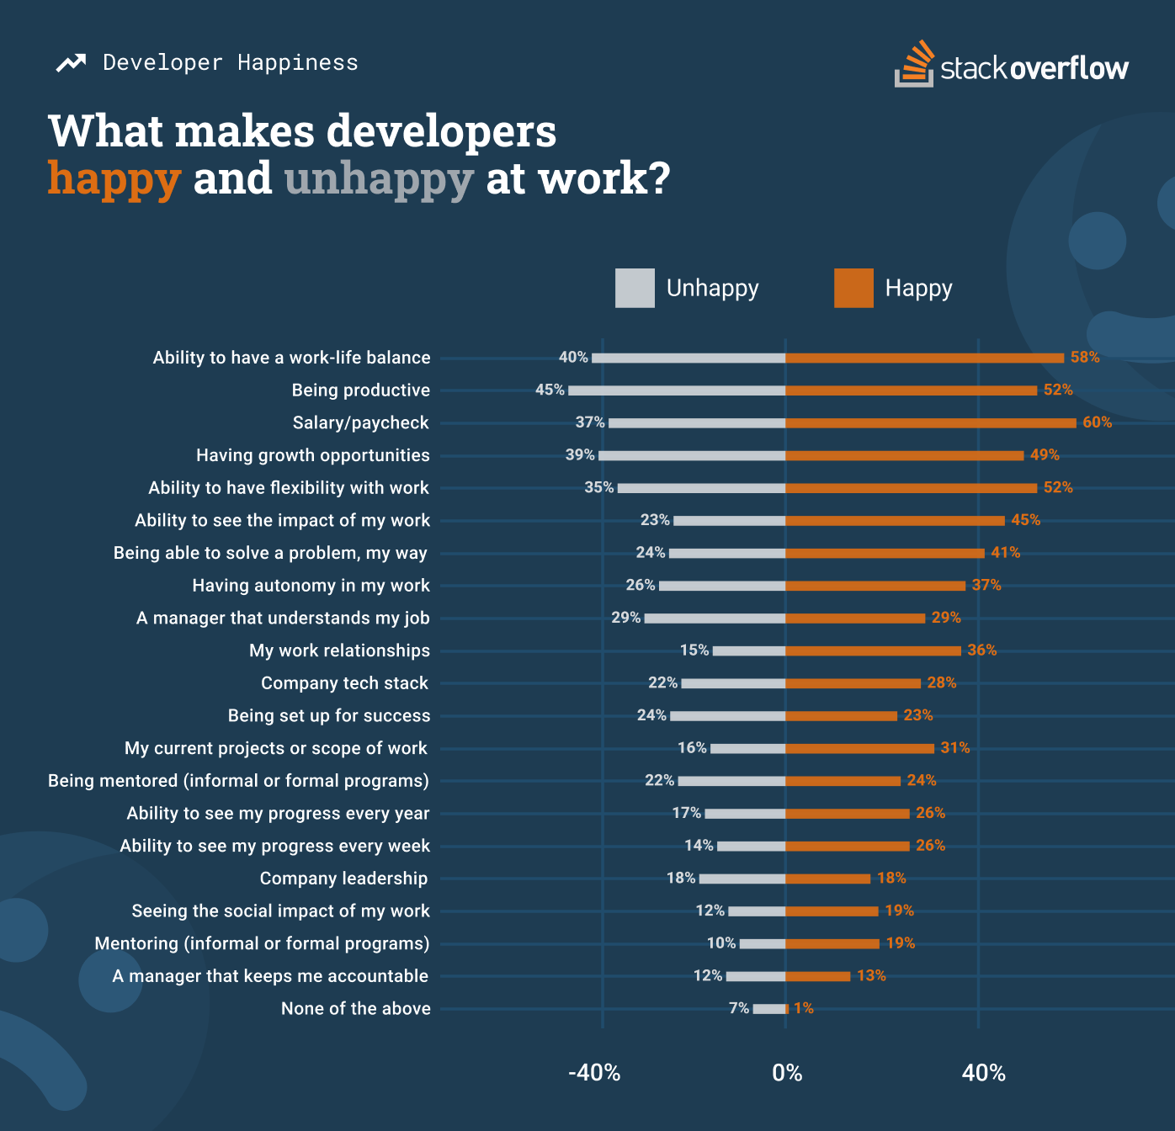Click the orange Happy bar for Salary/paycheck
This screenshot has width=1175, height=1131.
click(930, 422)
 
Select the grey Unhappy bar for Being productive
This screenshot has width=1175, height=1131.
click(677, 390)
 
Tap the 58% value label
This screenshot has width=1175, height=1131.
click(1085, 358)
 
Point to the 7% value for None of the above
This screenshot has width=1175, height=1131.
click(739, 1008)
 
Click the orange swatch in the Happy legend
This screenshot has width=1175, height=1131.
click(853, 288)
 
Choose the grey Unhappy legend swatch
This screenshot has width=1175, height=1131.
click(635, 288)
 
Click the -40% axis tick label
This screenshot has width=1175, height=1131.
click(594, 1073)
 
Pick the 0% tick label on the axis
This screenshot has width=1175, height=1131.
click(787, 1073)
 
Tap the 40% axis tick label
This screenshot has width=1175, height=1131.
click(983, 1073)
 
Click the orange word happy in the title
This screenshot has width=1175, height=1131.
click(114, 178)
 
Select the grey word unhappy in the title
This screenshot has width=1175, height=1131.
click(379, 178)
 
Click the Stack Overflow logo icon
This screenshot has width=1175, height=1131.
click(914, 63)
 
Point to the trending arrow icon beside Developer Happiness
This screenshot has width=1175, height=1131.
click(71, 63)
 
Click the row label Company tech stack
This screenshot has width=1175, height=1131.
click(344, 683)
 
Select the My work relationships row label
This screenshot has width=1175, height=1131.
click(339, 650)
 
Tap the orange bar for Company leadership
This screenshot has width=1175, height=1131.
click(827, 879)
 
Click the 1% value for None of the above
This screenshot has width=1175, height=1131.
click(804, 1008)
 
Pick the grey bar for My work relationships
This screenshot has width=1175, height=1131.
click(749, 650)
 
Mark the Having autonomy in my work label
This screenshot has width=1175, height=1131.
click(311, 586)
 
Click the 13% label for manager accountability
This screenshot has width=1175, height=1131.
click(871, 976)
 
